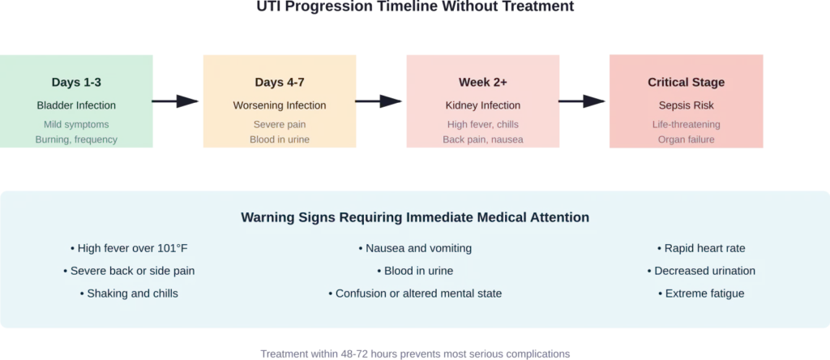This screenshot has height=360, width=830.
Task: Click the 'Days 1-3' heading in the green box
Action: [x=76, y=83]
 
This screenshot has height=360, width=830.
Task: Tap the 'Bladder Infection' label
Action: [x=76, y=105]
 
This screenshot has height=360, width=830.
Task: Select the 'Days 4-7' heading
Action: [x=279, y=83]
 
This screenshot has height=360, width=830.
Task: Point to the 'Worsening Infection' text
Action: [x=279, y=105]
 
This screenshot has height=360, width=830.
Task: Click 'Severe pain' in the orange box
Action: [x=279, y=125]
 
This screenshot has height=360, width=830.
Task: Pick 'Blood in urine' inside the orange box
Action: [x=279, y=139]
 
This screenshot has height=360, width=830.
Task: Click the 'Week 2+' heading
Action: [x=482, y=83]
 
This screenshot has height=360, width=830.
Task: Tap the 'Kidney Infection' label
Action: [x=482, y=105]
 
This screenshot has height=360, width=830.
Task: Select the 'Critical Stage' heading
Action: [x=686, y=83]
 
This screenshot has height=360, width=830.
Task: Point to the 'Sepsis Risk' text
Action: [x=686, y=105]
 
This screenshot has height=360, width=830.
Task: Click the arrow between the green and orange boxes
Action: [x=178, y=101]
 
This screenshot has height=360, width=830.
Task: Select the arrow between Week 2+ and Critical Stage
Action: [x=582, y=101]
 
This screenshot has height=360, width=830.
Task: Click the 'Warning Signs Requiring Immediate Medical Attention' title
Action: [x=414, y=218]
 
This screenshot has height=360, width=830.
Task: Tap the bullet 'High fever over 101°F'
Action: [x=133, y=248]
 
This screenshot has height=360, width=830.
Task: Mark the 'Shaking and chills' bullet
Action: [x=133, y=294]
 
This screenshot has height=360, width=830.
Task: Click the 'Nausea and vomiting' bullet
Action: [x=414, y=248]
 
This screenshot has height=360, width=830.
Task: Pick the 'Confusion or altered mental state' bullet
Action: [x=414, y=294]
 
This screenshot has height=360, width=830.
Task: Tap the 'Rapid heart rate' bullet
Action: [x=700, y=248]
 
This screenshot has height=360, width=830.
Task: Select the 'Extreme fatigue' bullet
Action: [x=700, y=294]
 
